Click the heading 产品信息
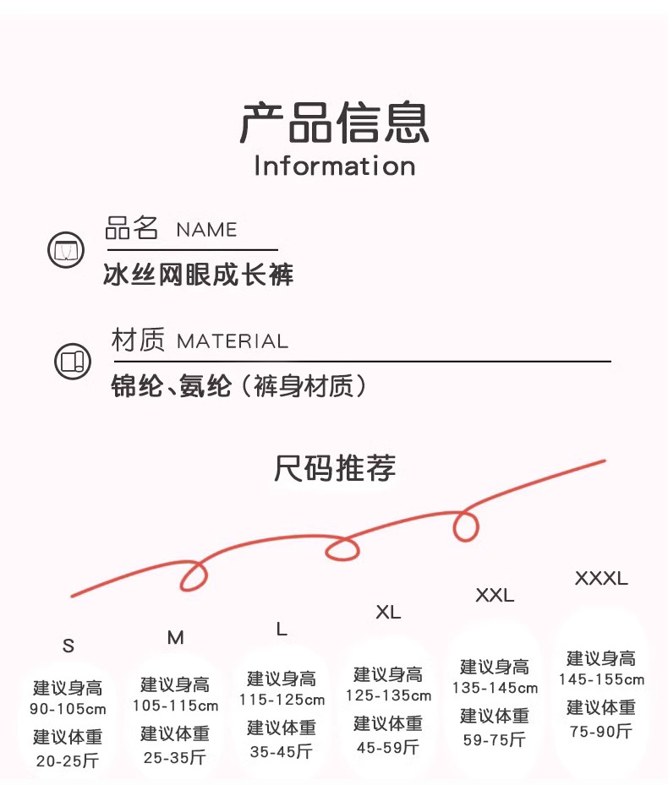[334, 123]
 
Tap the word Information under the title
[334, 166]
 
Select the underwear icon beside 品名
[65, 250]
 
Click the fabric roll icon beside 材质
[71, 361]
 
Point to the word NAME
[206, 230]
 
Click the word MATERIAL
[233, 341]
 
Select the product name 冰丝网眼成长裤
[198, 275]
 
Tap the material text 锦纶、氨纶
[171, 386]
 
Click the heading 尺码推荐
[335, 467]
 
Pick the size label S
[68, 646]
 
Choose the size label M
[175, 638]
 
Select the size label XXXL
[601, 579]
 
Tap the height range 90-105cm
[68, 709]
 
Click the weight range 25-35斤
[174, 758]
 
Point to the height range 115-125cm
[282, 700]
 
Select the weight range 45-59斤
[387, 747]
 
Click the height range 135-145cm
[495, 689]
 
